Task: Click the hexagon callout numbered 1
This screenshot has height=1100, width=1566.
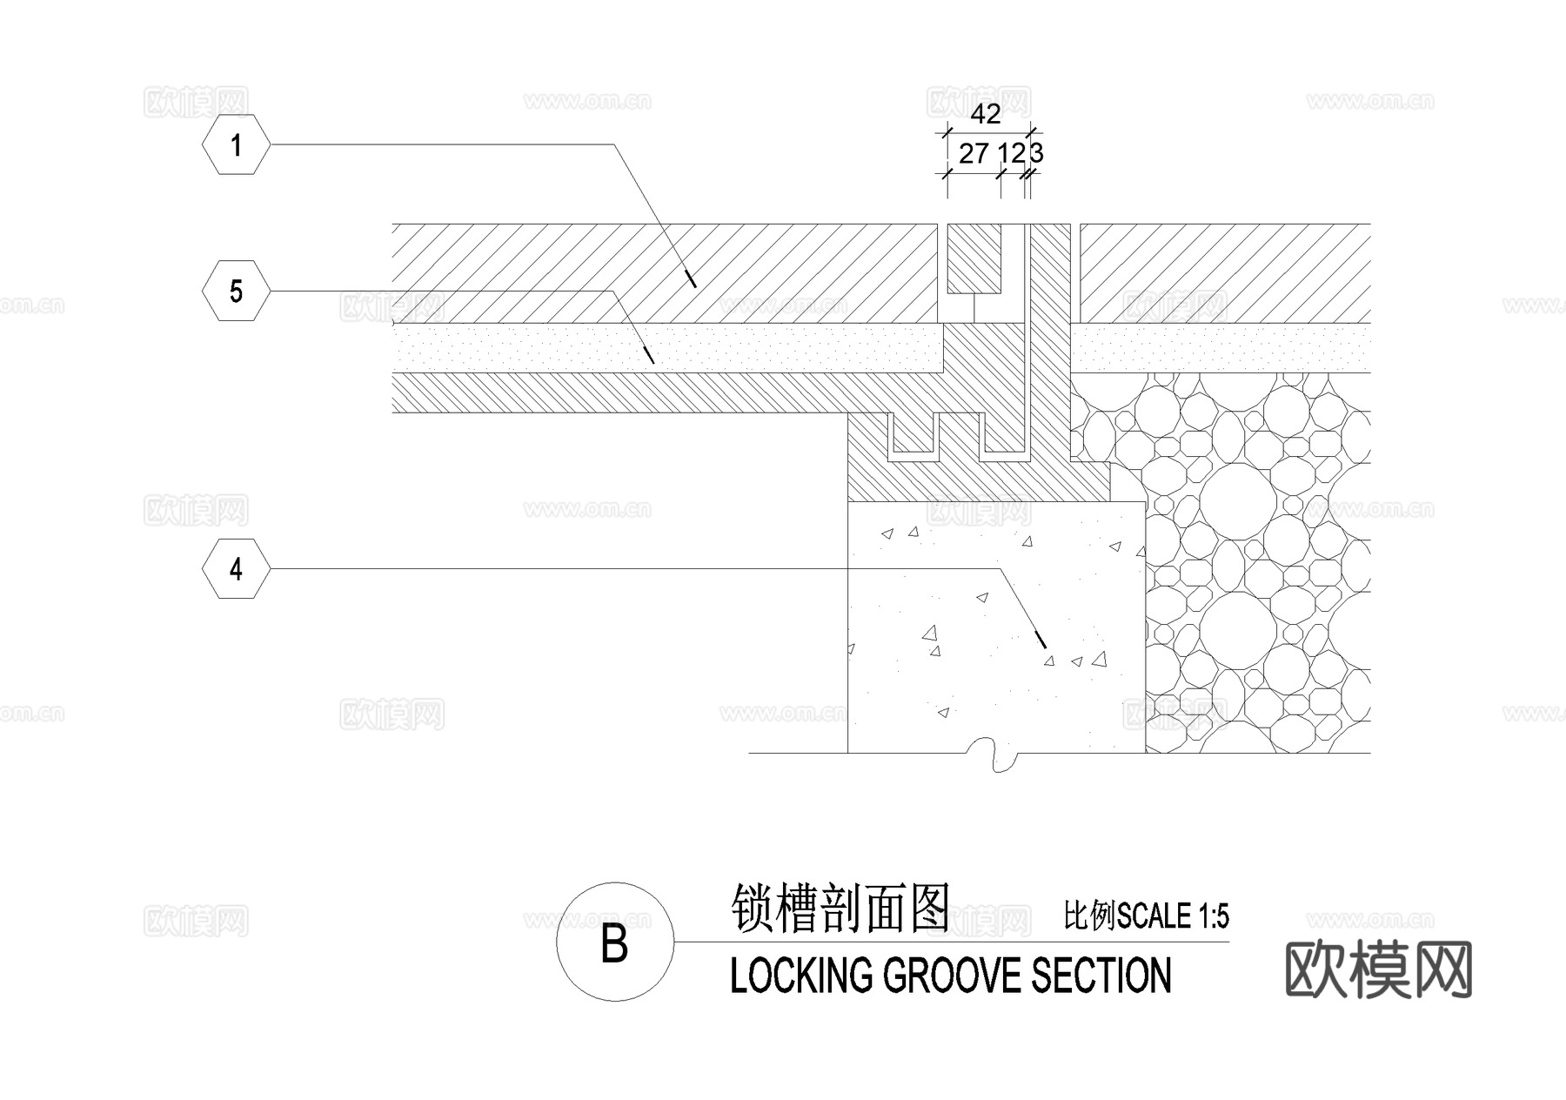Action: coord(236,144)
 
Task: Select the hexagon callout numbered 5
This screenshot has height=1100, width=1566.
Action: coord(236,291)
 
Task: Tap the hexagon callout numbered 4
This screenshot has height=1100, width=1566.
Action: coord(236,569)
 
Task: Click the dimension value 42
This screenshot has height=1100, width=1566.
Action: coord(985,114)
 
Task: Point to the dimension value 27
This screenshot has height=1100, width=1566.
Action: coord(974,154)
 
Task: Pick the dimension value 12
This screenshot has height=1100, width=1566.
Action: coord(1011,154)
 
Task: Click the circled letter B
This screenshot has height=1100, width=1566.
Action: coord(614,942)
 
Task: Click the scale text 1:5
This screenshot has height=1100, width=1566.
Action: coord(1213,916)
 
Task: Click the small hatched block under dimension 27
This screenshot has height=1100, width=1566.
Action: coord(974,258)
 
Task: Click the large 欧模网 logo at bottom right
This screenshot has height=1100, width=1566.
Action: coord(1378,969)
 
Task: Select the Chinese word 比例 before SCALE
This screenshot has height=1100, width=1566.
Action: coord(1089,916)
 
